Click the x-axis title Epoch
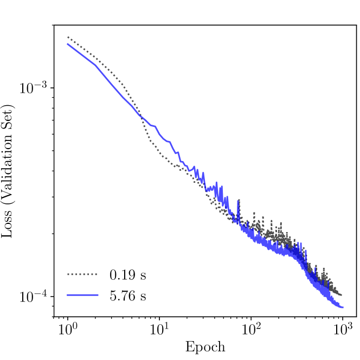click(205, 347)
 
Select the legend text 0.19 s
click(127, 275)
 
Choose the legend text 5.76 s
click(127, 295)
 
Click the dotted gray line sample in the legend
click(82, 275)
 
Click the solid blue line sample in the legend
click(82, 295)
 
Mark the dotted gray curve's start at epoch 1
click(68, 37)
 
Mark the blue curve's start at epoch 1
click(68, 44)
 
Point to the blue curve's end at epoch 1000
click(343, 307)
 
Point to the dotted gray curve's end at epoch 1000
click(342, 295)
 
